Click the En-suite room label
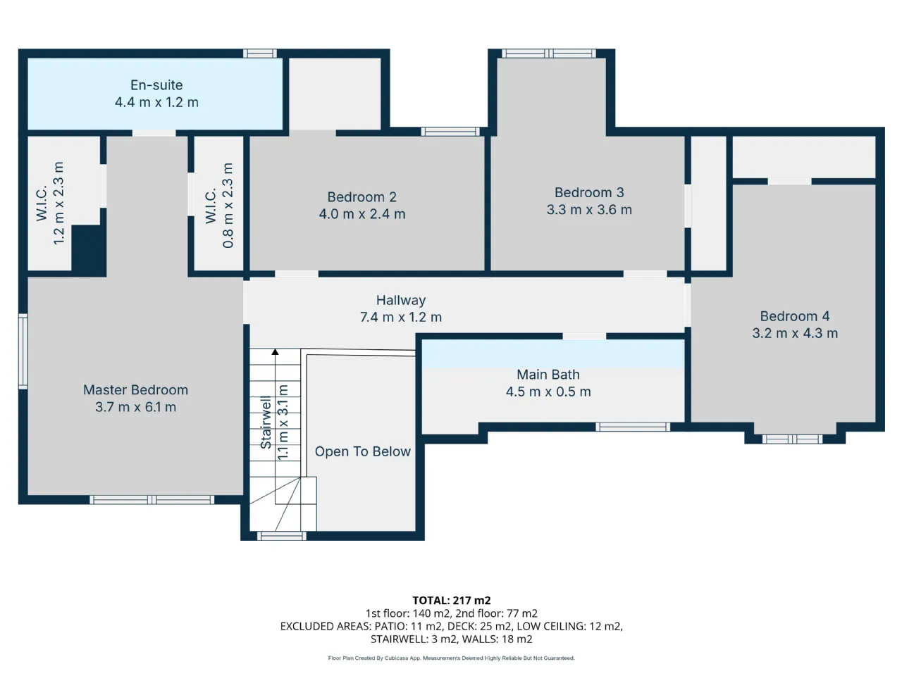[x=156, y=85]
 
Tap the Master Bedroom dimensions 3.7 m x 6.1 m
[x=135, y=407]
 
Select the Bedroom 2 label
[x=362, y=197]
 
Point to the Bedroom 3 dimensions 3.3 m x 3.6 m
[x=589, y=210]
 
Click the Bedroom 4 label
[x=795, y=316]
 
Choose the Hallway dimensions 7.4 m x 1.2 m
[x=401, y=318]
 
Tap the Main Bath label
[x=548, y=375]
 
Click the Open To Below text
[x=362, y=451]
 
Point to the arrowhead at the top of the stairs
[x=275, y=352]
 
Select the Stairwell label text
[x=266, y=422]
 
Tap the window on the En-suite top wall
[x=260, y=54]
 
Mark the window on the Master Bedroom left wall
[x=23, y=351]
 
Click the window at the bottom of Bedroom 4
[x=792, y=439]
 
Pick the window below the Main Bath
[x=633, y=427]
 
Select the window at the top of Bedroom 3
[x=549, y=54]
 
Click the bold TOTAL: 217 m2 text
[x=452, y=601]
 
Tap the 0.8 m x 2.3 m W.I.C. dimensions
[x=228, y=205]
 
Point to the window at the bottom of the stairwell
[x=282, y=536]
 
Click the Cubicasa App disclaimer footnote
[x=451, y=658]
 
